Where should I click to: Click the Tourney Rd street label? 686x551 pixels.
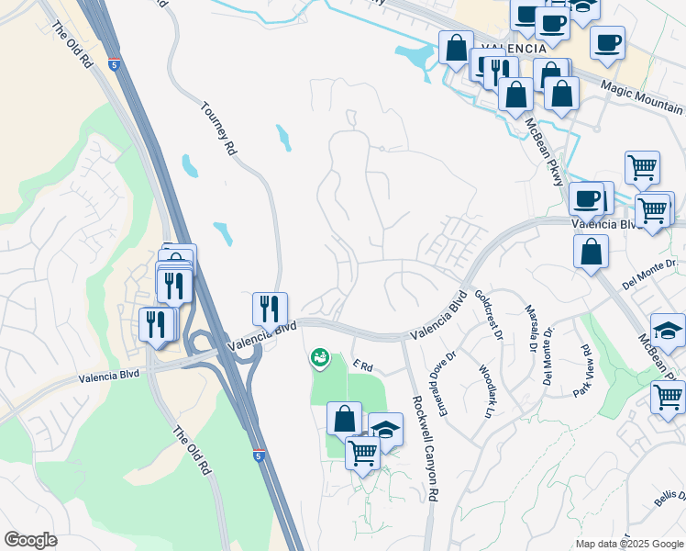click(x=219, y=129)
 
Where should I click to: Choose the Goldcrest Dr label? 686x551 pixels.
click(x=489, y=315)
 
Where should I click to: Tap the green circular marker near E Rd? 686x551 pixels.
click(x=319, y=357)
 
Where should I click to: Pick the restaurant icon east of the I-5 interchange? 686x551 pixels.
click(x=270, y=308)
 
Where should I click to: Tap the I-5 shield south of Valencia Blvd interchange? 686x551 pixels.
click(x=260, y=455)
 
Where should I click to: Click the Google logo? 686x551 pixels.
click(x=30, y=540)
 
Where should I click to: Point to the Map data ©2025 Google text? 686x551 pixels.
click(x=629, y=544)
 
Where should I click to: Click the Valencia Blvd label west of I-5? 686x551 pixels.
click(x=109, y=377)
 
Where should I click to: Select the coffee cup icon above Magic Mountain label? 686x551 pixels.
click(x=606, y=41)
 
